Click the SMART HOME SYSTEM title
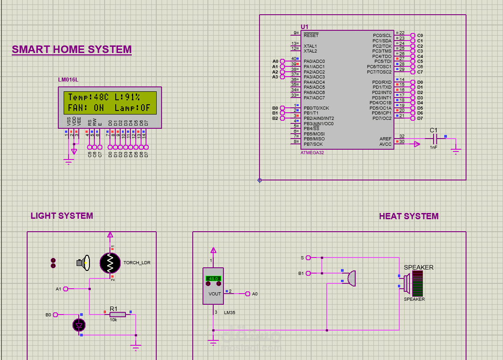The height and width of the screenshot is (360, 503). pos(72,49)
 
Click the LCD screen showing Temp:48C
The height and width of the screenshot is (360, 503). pos(110,102)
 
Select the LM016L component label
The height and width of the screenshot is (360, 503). pos(68,80)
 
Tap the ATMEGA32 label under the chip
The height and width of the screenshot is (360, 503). pos(312,152)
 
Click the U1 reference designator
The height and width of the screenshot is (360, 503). pos(304,27)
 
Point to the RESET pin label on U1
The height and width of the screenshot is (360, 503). pos(311,35)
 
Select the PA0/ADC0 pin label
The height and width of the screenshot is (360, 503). pos(314,61)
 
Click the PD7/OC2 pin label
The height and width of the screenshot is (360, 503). pos(382,118)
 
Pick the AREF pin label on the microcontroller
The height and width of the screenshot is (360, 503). pos(385,139)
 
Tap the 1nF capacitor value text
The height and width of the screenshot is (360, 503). pos(434,147)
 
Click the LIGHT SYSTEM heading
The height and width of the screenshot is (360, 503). pos(62,216)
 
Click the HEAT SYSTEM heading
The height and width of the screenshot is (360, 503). pos(409,217)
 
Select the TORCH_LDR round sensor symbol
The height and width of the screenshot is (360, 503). pos(110,263)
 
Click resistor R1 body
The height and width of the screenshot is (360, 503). pos(118,315)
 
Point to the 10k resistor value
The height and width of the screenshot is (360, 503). pos(114,320)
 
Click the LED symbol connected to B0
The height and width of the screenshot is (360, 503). pos(79,325)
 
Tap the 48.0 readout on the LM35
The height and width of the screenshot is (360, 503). pos(214,278)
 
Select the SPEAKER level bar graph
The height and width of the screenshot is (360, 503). pos(418,286)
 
